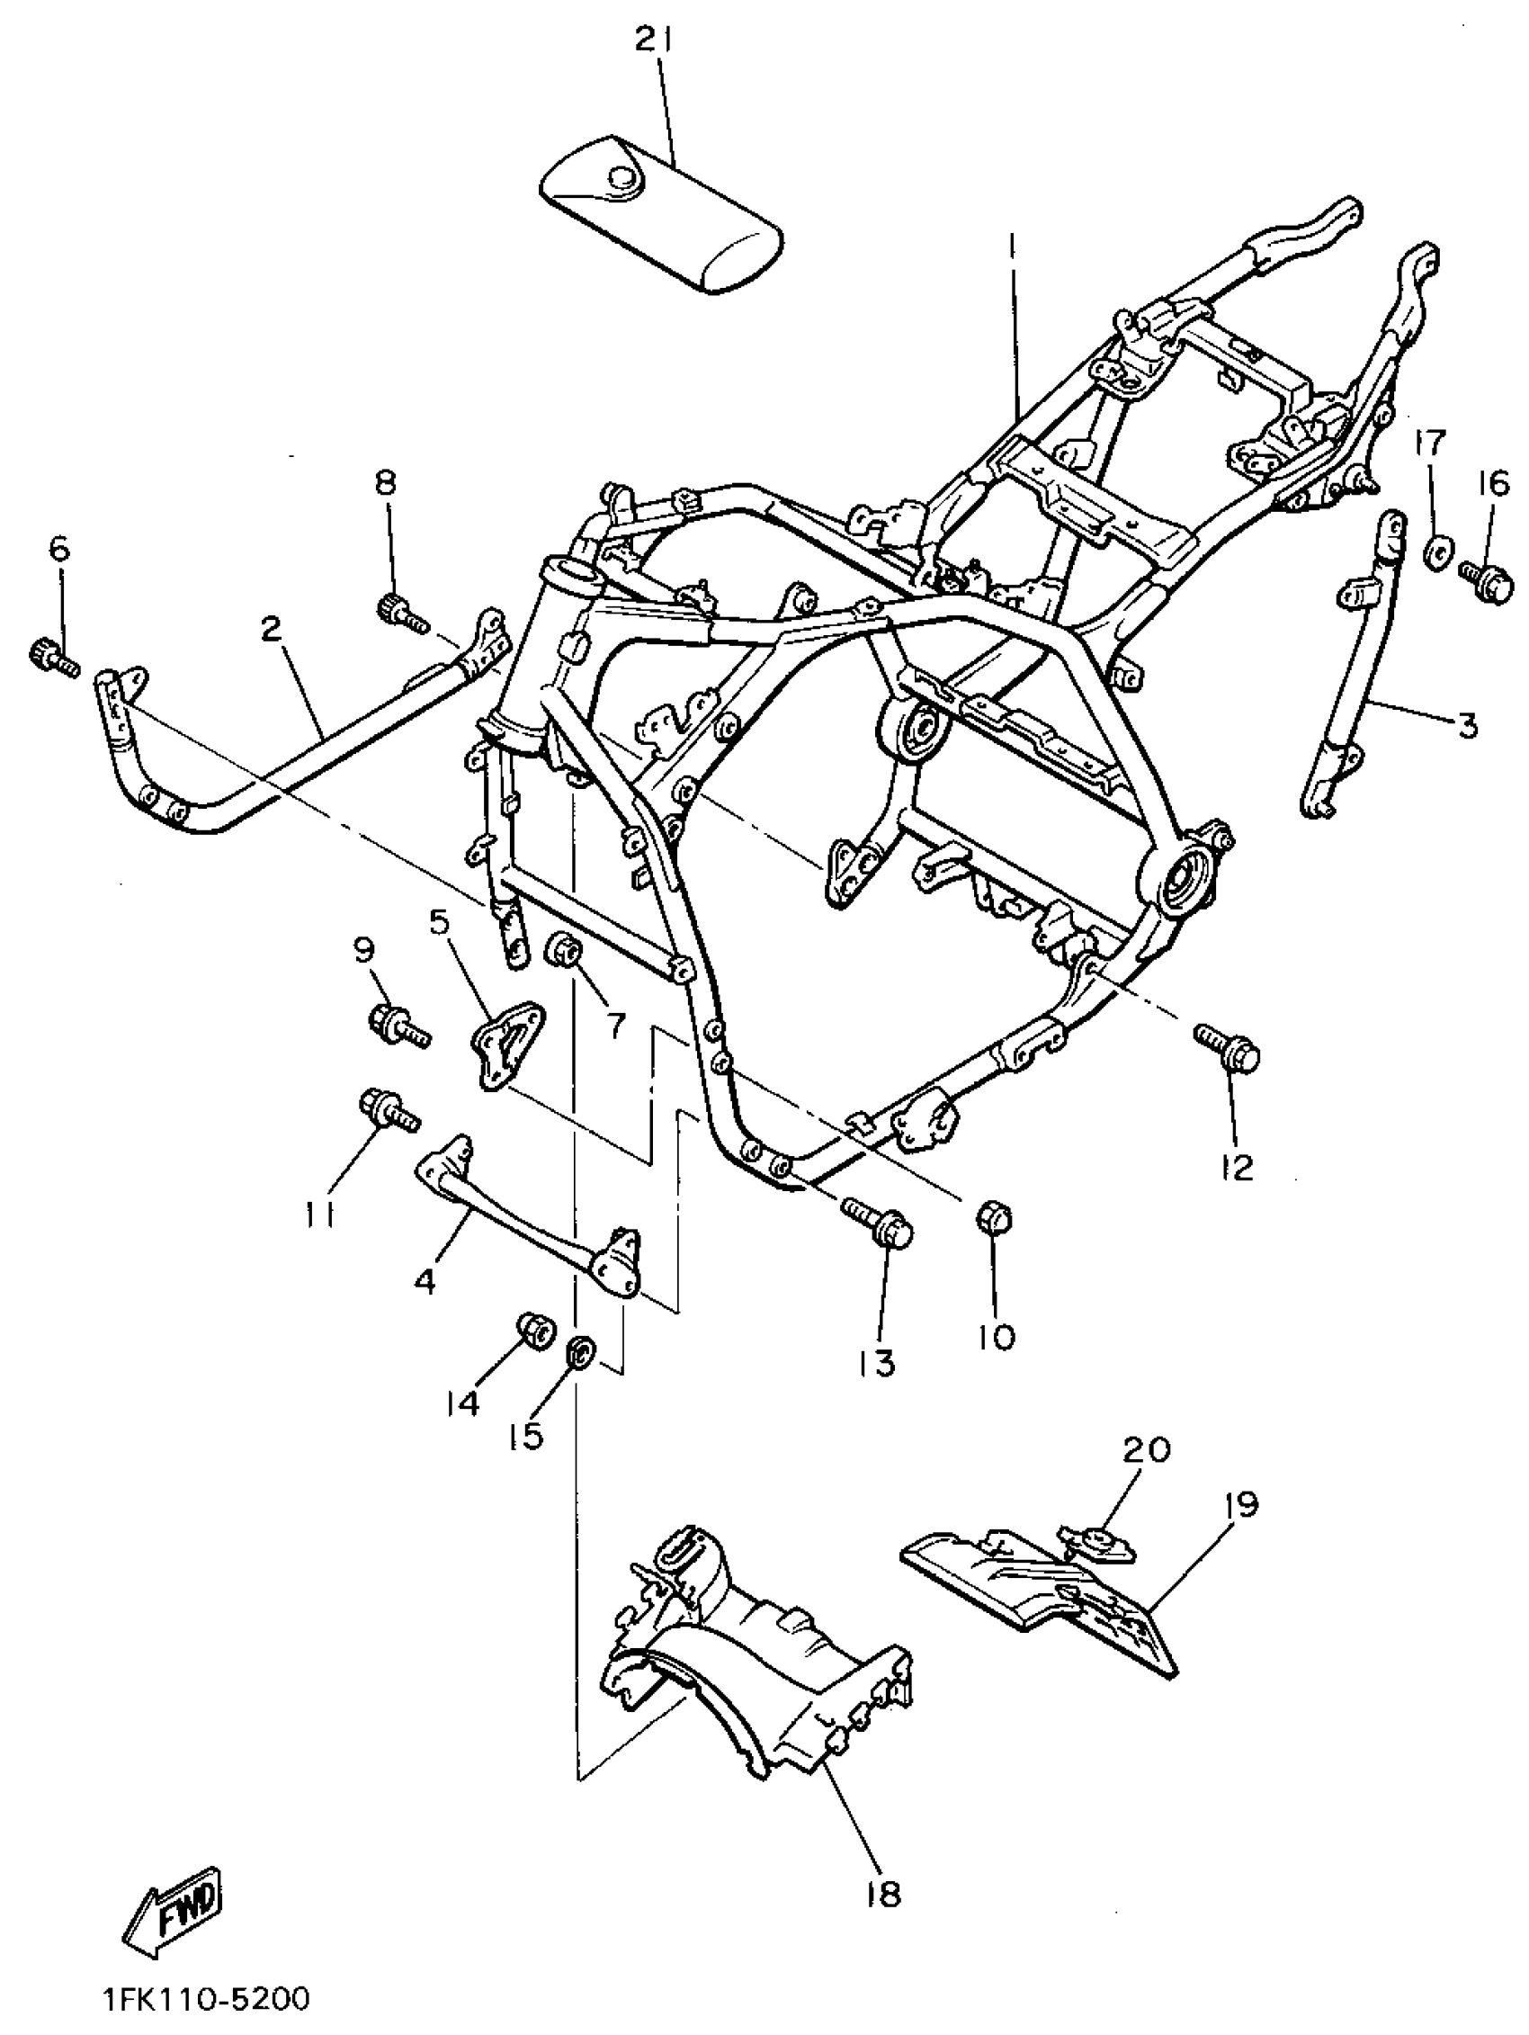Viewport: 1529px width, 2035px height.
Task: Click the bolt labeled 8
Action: pyautogui.click(x=400, y=611)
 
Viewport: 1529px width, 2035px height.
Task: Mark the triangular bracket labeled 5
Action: pyautogui.click(x=508, y=1045)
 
